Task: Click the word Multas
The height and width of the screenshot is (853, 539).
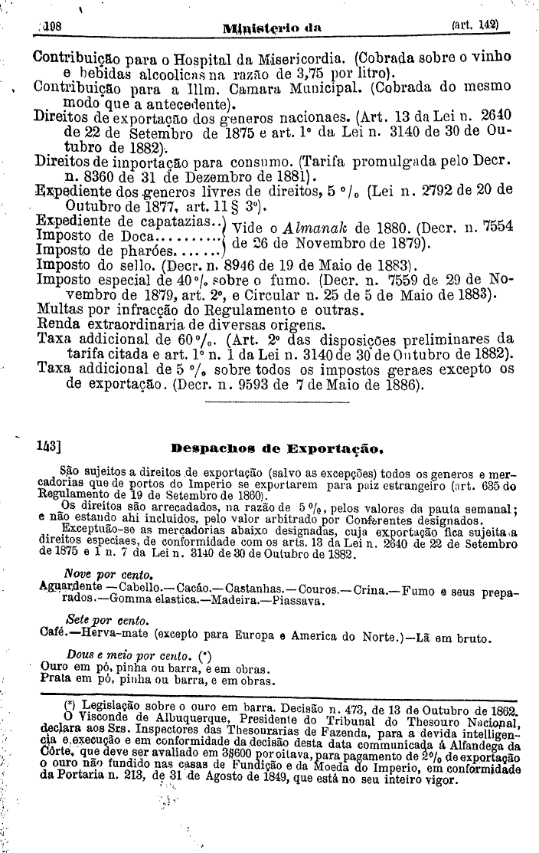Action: pyautogui.click(x=57, y=311)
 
